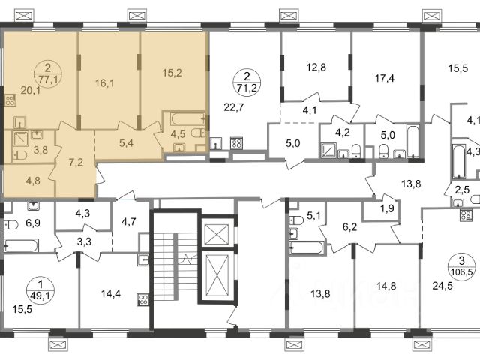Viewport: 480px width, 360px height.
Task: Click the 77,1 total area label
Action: (49, 80)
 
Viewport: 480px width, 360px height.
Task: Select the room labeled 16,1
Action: (105, 83)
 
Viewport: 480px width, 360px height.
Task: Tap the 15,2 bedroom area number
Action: (172, 73)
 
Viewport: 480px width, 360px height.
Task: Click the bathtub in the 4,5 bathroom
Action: (187, 118)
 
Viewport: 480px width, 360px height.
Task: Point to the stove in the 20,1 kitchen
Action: (10, 100)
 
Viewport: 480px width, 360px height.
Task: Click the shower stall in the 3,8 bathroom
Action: (21, 139)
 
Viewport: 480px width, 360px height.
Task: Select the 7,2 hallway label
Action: (76, 162)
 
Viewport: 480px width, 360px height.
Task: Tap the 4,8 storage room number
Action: (33, 181)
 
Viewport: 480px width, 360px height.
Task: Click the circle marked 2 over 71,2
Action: (247, 82)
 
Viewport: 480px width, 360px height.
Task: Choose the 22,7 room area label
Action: (234, 107)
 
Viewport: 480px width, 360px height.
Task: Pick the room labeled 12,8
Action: (316, 67)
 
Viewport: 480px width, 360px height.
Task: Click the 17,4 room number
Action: (385, 78)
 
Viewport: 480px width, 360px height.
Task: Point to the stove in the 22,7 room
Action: (237, 143)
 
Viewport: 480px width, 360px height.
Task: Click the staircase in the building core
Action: (175, 269)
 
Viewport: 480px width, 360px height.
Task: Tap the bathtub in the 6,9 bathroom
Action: (22, 246)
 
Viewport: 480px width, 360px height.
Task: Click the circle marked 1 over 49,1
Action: (40, 290)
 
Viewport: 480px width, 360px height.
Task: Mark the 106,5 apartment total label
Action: (462, 271)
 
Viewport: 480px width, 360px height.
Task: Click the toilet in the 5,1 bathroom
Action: (297, 220)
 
